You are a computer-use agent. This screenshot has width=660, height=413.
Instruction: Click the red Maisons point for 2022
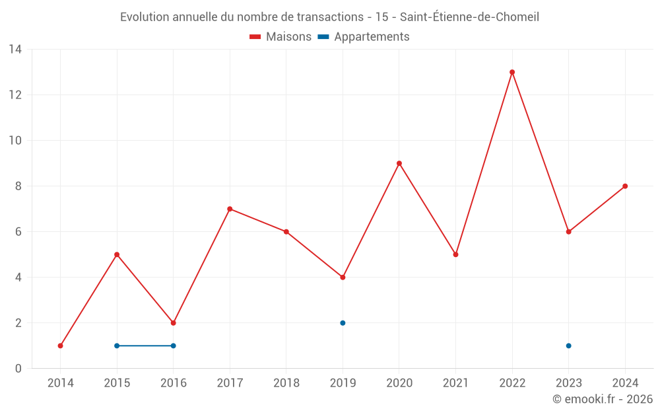(x=512, y=72)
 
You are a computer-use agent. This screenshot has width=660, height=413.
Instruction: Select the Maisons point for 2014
(x=61, y=346)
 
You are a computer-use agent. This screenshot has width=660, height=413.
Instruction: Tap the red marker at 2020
(x=399, y=163)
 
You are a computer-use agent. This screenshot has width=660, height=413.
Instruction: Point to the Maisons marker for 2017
(x=230, y=209)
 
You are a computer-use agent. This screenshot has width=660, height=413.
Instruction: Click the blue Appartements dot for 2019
(x=343, y=323)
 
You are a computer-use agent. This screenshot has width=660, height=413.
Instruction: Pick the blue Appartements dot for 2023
(x=568, y=346)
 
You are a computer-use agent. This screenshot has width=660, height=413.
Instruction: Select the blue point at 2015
(x=117, y=346)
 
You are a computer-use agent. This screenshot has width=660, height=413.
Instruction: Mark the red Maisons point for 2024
(x=625, y=186)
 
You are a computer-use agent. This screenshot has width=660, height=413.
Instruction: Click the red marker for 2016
(x=174, y=323)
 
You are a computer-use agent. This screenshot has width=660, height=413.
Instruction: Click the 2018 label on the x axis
(x=286, y=383)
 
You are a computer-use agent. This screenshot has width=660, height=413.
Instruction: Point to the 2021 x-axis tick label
(x=455, y=383)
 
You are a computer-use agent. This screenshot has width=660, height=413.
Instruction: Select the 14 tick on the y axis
(x=15, y=50)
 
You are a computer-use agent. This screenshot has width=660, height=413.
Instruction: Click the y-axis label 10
(x=15, y=141)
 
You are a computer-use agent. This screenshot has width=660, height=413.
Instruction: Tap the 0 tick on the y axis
(x=18, y=369)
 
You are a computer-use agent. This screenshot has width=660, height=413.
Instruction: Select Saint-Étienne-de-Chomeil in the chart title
(x=470, y=17)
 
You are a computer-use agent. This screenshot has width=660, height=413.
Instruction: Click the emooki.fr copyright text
(x=603, y=399)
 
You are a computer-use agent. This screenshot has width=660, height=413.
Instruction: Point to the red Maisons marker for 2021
(x=455, y=254)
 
